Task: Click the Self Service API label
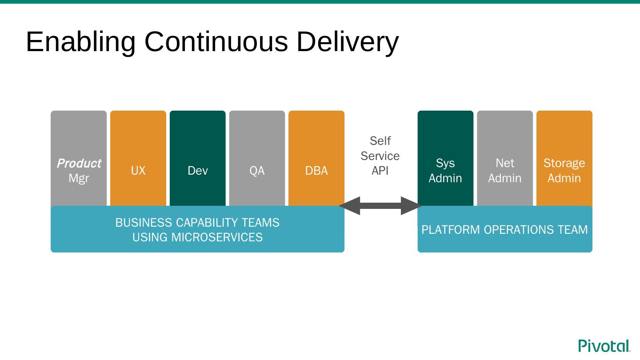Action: pos(380,156)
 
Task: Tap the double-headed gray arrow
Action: pos(380,206)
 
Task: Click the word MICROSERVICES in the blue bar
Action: pos(217,237)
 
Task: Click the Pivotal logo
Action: pos(604,346)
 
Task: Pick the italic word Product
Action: pos(79,163)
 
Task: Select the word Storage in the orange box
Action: pos(564,163)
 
